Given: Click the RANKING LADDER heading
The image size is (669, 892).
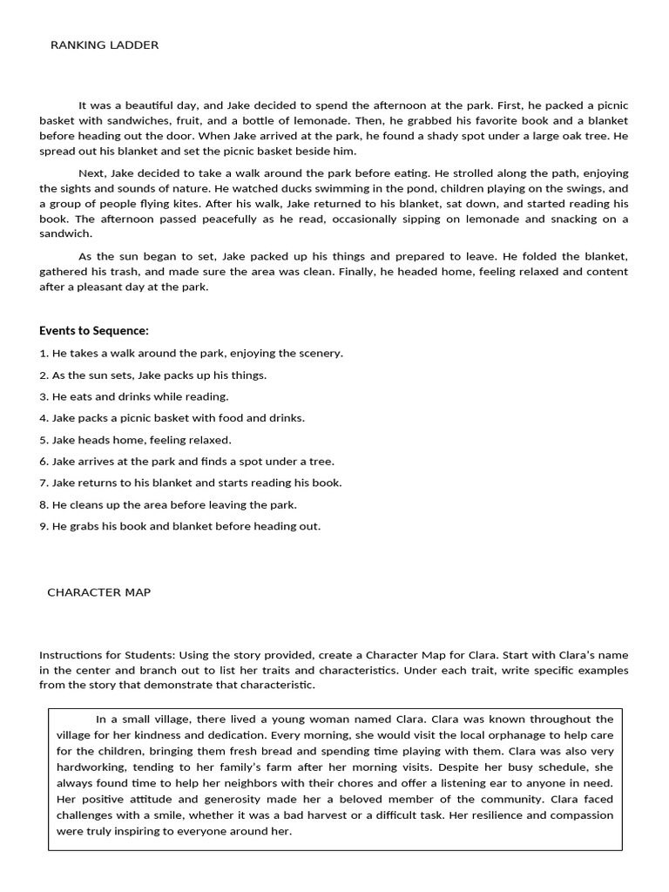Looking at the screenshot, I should [105, 45].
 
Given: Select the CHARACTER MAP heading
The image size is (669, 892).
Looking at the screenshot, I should [98, 592].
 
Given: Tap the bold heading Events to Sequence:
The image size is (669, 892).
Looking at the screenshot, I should [94, 331].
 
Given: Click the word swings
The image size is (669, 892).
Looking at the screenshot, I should [566, 189].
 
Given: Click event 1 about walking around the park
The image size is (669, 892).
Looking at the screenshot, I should [192, 354].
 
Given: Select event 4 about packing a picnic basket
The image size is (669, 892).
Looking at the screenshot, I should [172, 418].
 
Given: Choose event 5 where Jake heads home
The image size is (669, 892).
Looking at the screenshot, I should [135, 440].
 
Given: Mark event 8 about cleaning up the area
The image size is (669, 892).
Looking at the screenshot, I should [168, 504].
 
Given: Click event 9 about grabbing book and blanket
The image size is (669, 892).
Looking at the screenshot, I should [180, 526].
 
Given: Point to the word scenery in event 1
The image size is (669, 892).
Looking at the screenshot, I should [321, 354].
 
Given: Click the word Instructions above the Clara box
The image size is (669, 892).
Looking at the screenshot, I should [70, 655].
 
